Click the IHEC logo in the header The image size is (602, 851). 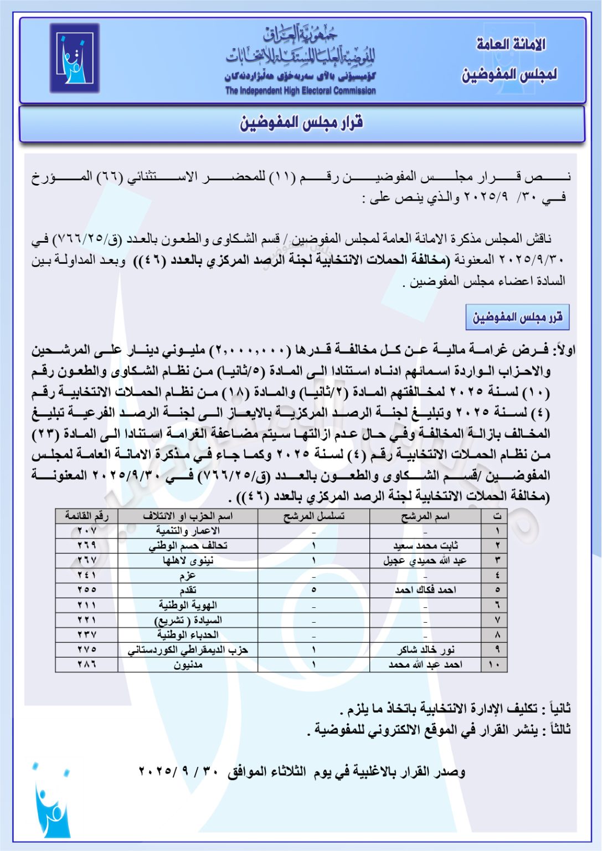tap(74, 58)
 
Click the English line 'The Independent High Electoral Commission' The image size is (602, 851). tap(300, 91)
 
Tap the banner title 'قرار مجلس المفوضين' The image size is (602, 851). tap(301, 122)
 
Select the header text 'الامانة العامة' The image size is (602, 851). tap(511, 44)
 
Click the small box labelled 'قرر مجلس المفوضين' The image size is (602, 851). tap(517, 317)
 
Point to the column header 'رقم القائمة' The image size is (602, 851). tap(87, 516)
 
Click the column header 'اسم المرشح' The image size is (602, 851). tap(425, 516)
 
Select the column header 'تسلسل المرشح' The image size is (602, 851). tap(313, 516)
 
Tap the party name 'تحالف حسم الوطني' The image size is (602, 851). tap(188, 546)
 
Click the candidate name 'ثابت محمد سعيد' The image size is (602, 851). tap(425, 546)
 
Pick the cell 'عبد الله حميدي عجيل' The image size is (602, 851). tap(425, 561)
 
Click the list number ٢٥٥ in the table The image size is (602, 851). tap(87, 590)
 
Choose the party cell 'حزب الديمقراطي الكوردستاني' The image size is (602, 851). tap(188, 650)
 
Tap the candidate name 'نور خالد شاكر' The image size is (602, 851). tap(425, 650)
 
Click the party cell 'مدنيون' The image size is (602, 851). tap(188, 665)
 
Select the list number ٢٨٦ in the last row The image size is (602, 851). tap(87, 665)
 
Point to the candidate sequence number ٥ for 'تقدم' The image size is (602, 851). tap(313, 590)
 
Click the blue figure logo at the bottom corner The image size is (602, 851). tap(52, 803)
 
